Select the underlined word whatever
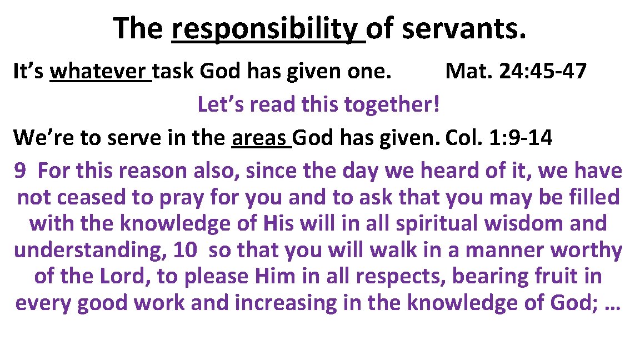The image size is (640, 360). coord(100,72)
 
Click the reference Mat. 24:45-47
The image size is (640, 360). coord(516,72)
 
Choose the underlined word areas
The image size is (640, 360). coord(261,137)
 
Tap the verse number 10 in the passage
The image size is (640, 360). coord(184,251)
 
